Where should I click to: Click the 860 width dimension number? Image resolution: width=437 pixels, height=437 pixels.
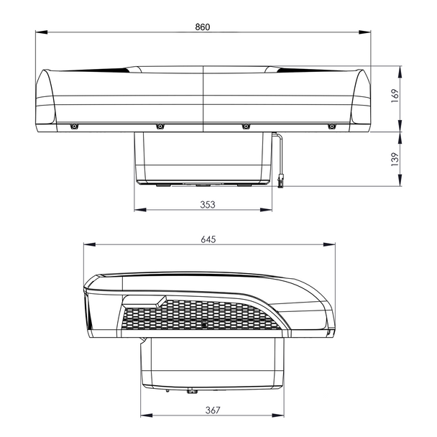coord(203,26)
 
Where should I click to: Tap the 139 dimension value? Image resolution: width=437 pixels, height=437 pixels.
coord(394,160)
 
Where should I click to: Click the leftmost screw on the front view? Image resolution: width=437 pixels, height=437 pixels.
coord(73,127)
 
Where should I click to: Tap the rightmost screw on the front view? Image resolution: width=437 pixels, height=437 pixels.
coord(331,127)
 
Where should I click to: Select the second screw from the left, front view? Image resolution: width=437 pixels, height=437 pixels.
coord(160,127)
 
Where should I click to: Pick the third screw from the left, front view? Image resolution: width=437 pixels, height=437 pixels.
coord(245,127)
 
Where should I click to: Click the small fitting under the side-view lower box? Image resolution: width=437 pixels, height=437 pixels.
coord(192,392)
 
